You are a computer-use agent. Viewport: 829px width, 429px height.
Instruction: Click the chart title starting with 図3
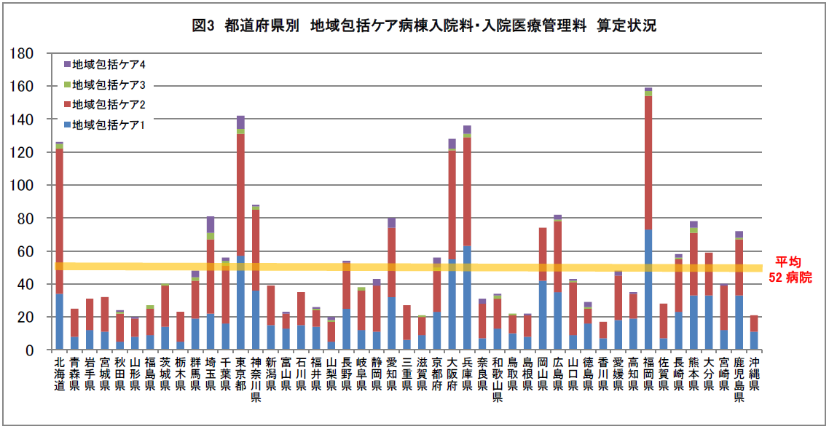pyautogui.click(x=424, y=26)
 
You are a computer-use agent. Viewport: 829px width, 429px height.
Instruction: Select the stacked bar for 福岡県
pyautogui.click(x=648, y=219)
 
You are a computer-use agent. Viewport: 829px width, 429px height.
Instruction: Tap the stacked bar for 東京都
pyautogui.click(x=240, y=233)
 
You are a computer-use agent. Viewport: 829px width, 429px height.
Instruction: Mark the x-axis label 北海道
pyautogui.click(x=59, y=374)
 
